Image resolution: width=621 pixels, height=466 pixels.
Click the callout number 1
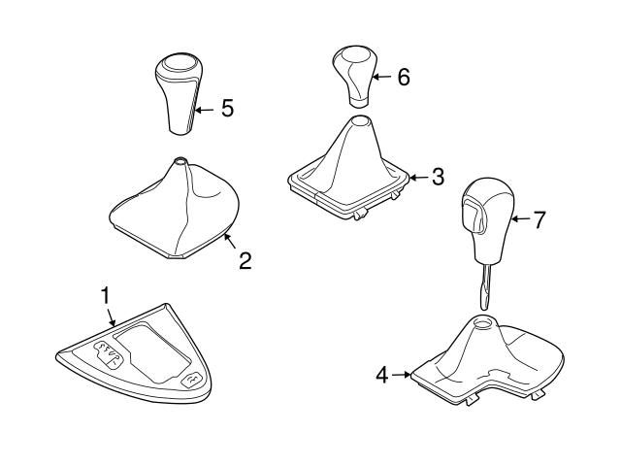point(105,296)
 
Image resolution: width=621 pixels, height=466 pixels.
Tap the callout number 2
point(245,261)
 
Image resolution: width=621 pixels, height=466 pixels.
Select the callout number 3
point(438,177)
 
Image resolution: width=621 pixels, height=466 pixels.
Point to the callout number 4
point(382,375)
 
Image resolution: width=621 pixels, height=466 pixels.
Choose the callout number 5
point(227,108)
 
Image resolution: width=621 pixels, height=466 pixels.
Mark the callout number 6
point(404,77)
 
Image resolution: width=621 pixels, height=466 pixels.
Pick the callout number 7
point(539,219)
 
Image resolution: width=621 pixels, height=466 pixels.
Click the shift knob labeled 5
point(179,93)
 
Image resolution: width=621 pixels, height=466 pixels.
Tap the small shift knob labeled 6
point(353,77)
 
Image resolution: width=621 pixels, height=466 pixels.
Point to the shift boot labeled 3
point(348,167)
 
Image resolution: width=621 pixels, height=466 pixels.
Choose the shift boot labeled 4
point(488,360)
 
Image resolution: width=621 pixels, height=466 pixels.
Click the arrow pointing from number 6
point(382,77)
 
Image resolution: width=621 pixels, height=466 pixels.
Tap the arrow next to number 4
point(401,375)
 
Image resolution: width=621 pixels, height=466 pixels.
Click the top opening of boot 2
point(180,160)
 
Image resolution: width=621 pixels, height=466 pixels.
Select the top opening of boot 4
point(482,322)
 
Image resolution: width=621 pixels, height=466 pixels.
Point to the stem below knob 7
point(486,286)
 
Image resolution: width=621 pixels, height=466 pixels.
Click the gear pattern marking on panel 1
point(108,353)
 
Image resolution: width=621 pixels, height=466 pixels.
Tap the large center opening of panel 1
point(152,352)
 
